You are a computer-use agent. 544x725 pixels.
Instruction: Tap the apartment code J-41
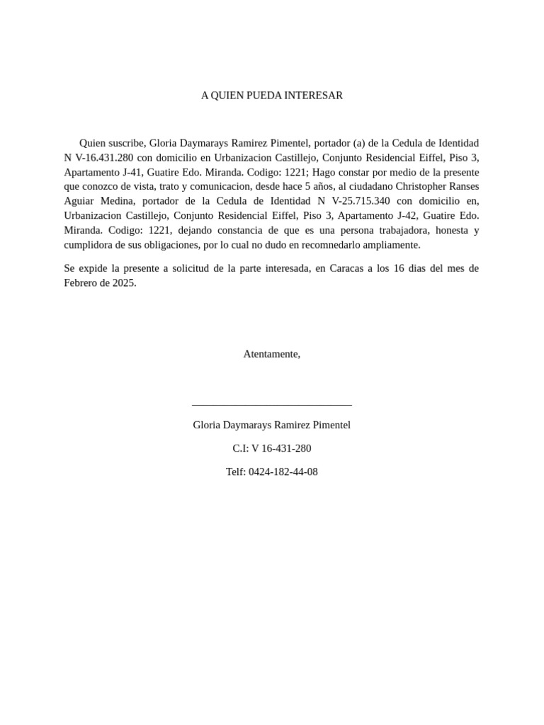click(x=130, y=172)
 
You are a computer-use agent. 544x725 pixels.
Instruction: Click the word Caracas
click(x=347, y=268)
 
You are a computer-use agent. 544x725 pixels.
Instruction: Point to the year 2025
click(x=122, y=282)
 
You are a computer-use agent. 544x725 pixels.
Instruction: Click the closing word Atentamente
click(x=271, y=354)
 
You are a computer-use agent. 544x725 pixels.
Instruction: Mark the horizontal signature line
click(x=271, y=405)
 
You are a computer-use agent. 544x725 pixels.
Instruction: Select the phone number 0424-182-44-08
click(x=283, y=472)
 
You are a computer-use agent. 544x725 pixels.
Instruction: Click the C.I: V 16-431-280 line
click(x=271, y=448)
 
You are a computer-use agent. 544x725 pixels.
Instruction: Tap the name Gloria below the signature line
click(x=206, y=425)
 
